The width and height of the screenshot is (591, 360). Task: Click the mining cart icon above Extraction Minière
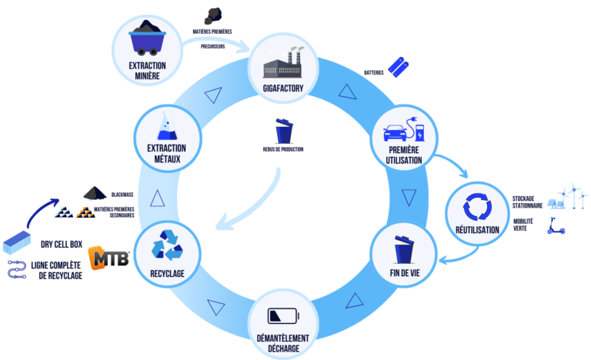click(x=148, y=41)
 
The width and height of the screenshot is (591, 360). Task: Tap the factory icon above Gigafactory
click(x=284, y=62)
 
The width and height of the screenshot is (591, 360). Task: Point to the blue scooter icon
click(x=556, y=225)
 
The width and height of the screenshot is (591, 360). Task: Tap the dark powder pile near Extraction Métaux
click(x=96, y=192)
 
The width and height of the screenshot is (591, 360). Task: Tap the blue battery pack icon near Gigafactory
click(x=398, y=66)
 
